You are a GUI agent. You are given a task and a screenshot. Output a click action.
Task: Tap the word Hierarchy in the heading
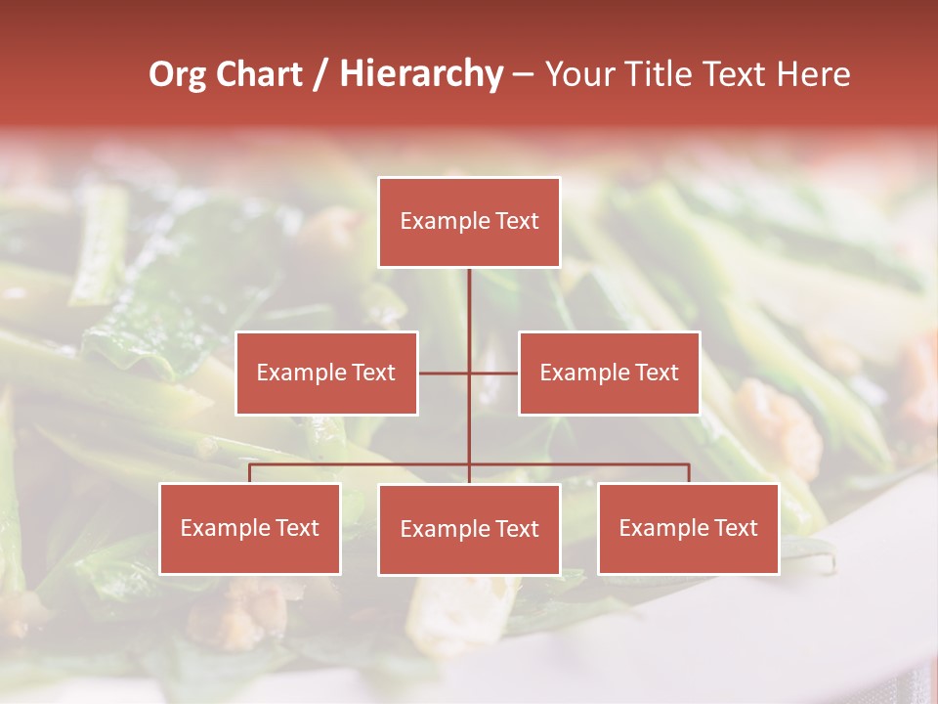(x=420, y=74)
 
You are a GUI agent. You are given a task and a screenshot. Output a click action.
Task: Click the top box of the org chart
(x=469, y=222)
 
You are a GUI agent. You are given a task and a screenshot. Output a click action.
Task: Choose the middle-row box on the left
(x=326, y=373)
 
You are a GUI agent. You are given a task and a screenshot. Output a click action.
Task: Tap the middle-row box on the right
(x=609, y=373)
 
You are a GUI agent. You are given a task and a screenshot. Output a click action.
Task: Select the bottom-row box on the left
(x=250, y=528)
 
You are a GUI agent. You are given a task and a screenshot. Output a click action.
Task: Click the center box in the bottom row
(x=469, y=529)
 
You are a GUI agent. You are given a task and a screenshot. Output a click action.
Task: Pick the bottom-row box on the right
(x=688, y=528)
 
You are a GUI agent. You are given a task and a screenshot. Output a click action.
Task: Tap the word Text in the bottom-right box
(x=736, y=528)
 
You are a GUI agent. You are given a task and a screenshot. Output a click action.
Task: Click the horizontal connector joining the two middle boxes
(x=468, y=373)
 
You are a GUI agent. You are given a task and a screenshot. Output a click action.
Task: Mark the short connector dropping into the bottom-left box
(x=250, y=473)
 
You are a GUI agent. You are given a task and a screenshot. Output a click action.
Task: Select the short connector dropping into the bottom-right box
(x=688, y=473)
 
